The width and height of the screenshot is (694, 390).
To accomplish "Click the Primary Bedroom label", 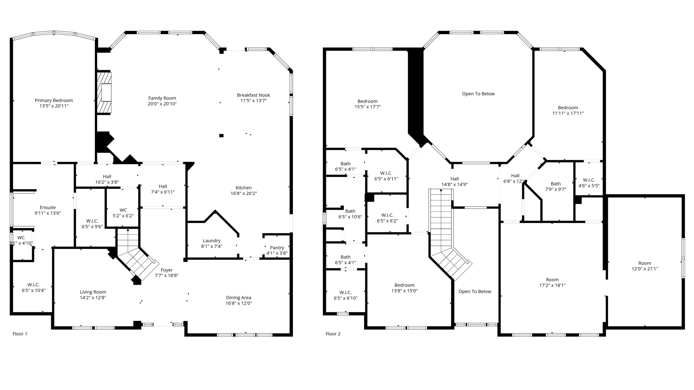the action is click(54, 100).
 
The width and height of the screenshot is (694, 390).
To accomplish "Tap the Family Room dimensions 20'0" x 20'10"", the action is click(162, 104).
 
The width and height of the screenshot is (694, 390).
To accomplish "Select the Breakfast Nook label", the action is click(253, 95).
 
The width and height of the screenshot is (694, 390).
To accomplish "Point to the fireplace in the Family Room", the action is click(104, 93).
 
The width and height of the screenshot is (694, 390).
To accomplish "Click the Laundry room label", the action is click(212, 240).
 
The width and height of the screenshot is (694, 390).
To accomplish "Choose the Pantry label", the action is click(277, 248).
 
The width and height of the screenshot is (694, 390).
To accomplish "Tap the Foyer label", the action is click(166, 270).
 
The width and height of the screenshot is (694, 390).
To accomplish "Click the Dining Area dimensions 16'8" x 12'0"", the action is click(239, 303).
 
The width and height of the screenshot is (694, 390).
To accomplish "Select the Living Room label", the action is click(93, 292).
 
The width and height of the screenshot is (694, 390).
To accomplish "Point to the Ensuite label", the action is click(48, 207).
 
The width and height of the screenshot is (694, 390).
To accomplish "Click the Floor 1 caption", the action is click(20, 334).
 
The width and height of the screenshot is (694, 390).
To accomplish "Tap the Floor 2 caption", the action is click(333, 334).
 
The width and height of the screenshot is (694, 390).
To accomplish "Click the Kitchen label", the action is click(244, 188).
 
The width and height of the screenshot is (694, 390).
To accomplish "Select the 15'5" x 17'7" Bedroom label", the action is click(367, 104).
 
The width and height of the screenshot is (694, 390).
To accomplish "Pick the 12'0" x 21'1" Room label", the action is click(645, 266).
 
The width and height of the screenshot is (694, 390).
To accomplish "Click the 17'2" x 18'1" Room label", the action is click(552, 282).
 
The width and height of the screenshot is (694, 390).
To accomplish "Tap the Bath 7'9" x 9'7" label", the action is click(556, 186).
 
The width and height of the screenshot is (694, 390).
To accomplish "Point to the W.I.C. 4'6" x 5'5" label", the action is click(589, 183).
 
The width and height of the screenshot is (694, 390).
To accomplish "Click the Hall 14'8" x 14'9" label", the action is click(455, 181).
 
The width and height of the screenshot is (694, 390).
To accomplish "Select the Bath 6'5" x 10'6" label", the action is click(350, 214).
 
